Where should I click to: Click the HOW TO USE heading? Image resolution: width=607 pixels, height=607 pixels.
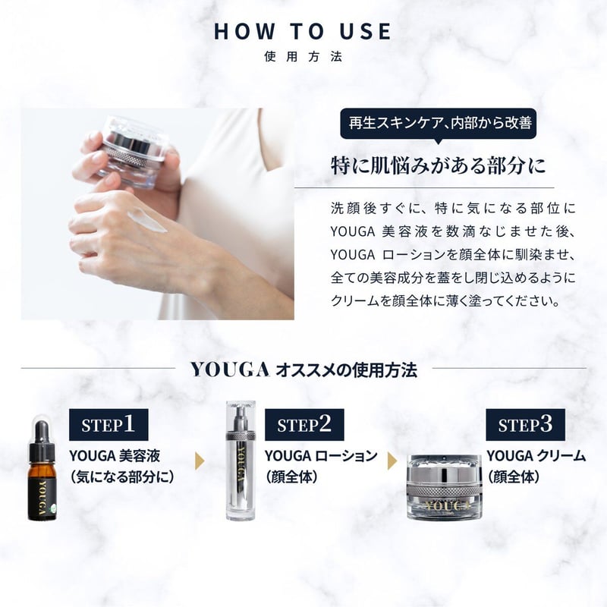pos(302,31)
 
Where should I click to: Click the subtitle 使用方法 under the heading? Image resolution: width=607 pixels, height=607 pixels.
pos(303,56)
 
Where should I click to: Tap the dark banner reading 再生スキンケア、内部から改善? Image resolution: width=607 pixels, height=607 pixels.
pos(439,123)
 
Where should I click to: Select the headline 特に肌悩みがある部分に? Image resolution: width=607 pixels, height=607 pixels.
pos(439,165)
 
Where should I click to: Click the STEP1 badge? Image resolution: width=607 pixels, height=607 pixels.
pos(109,425)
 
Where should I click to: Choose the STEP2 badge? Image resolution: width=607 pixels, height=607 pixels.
pos(304,425)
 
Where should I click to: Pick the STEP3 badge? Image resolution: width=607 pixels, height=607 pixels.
pos(525,425)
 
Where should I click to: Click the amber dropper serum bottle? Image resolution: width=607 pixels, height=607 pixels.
pos(42,470)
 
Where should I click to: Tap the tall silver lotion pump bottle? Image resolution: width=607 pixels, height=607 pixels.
pos(241,461)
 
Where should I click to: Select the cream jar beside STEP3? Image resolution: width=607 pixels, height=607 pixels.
pos(445,487)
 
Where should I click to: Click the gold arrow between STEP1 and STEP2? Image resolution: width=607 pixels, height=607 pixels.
pos(200,461)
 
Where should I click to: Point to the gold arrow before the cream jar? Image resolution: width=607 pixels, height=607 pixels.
pos(392,461)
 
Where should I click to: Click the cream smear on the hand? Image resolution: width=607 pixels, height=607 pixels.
pos(147,220)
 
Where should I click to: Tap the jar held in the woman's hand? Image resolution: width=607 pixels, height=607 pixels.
pos(134,152)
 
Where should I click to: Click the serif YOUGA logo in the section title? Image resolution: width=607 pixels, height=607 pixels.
pos(230,370)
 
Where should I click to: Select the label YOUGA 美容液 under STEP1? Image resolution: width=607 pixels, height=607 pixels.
pos(115,456)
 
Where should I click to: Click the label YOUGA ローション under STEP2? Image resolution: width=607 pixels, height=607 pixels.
pos(321,456)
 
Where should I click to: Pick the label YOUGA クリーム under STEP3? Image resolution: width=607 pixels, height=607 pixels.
pos(536,456)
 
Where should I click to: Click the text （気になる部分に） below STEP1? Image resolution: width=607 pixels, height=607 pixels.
pos(122,477)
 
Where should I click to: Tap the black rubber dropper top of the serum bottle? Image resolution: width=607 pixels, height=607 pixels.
pos(42,431)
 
